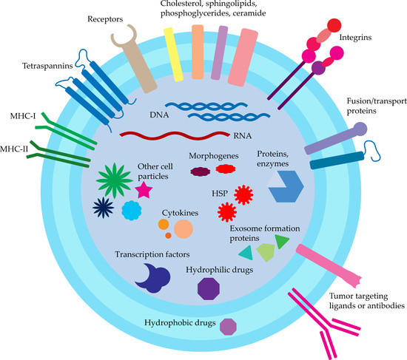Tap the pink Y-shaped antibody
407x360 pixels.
(319, 322)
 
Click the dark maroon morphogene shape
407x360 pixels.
(201, 171)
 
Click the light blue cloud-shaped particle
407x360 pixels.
(131, 211)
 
